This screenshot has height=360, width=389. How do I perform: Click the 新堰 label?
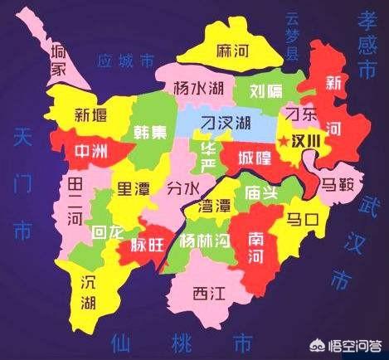pos(90,115)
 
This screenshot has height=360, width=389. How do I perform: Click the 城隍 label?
pos(252,156)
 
